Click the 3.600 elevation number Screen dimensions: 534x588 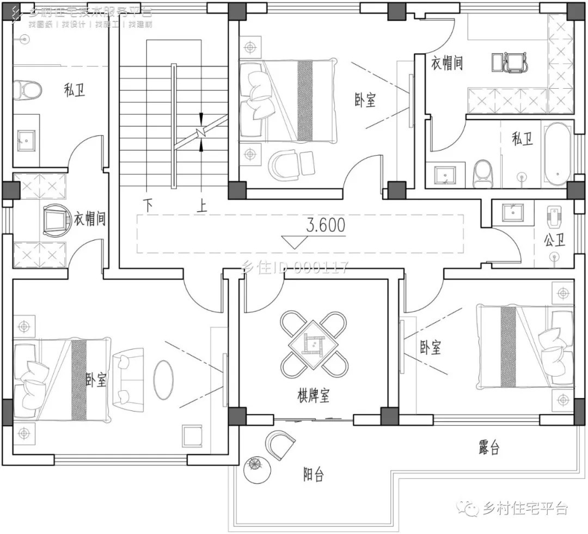326,225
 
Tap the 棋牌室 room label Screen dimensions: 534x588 313,396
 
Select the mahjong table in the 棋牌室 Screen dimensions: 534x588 313,344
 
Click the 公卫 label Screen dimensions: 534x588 554,240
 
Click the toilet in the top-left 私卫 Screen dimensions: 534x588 27,90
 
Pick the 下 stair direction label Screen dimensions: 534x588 148,205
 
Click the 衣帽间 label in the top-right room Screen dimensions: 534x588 447,63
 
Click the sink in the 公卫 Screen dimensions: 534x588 512,212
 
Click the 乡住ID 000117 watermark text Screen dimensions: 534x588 294,267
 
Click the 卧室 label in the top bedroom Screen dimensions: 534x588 365,100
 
